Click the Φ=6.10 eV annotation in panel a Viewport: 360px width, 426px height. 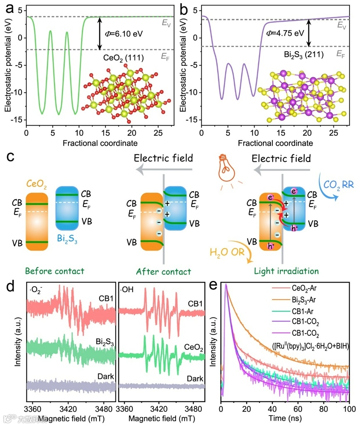123,33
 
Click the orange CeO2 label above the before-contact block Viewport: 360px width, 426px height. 37,183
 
